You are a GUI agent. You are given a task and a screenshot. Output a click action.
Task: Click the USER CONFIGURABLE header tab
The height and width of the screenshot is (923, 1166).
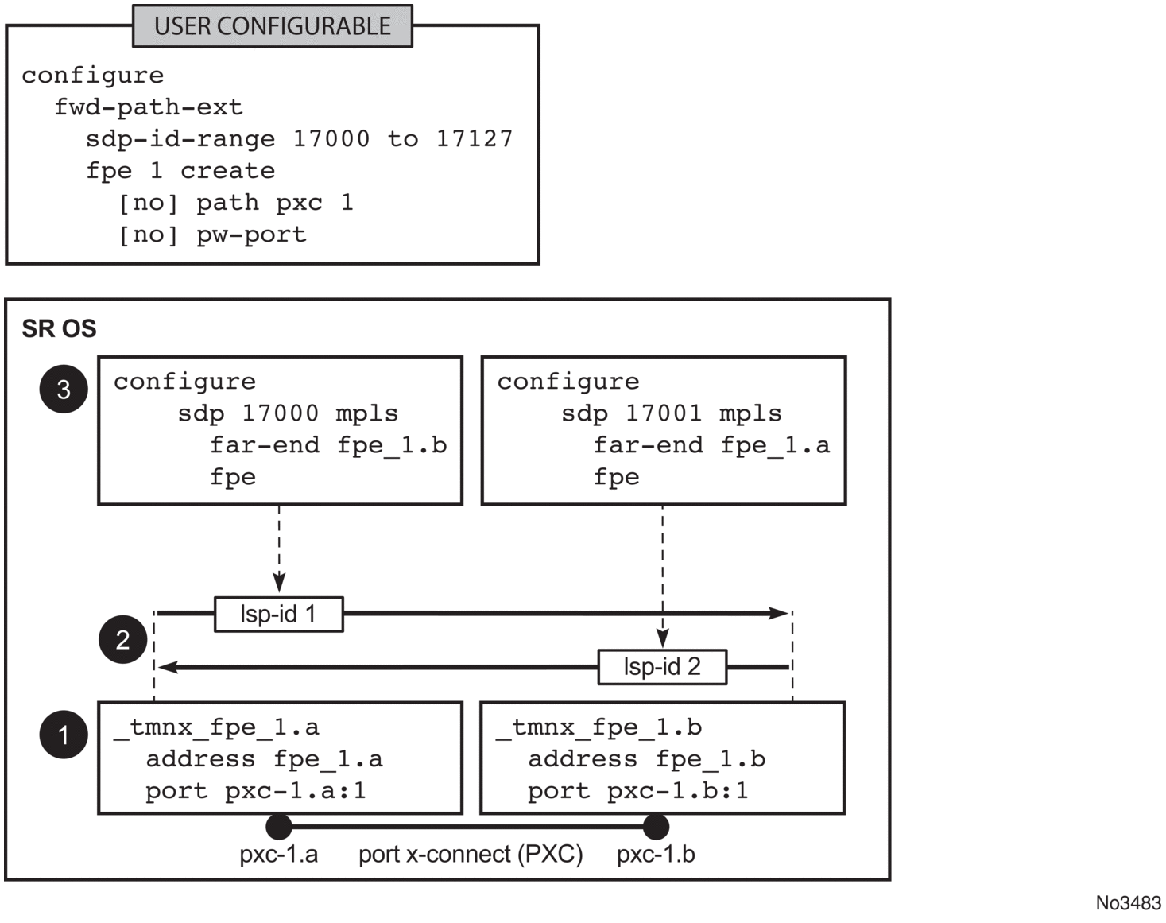tap(272, 26)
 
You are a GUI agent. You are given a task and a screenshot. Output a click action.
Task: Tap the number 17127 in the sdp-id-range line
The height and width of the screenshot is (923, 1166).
tap(475, 139)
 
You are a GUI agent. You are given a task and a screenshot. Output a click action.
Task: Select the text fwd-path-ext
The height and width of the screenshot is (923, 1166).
tap(148, 107)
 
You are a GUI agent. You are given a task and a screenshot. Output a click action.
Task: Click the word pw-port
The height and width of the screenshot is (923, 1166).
tap(251, 235)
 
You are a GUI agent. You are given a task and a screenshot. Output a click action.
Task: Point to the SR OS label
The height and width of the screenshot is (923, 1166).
tap(59, 328)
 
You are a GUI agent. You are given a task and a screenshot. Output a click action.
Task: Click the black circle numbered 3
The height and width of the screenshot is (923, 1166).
tap(64, 389)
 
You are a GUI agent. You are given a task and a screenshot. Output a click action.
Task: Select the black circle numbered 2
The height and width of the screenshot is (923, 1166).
tap(122, 639)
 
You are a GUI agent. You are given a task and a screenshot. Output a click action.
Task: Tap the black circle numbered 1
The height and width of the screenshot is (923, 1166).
tap(64, 734)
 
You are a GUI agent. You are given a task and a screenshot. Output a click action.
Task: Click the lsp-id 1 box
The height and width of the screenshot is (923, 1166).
tap(278, 614)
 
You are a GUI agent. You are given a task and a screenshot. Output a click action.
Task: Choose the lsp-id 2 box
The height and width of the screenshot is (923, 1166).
tap(661, 666)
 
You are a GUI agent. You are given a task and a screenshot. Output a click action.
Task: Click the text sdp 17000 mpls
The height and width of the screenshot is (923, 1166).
tap(288, 413)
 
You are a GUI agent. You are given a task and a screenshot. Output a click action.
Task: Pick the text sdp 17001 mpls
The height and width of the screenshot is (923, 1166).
tap(671, 413)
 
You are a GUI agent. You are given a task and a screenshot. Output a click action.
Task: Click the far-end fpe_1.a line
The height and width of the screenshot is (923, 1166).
tap(711, 445)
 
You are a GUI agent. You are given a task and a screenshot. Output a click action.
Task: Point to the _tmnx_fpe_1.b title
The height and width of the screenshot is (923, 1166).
tap(598, 727)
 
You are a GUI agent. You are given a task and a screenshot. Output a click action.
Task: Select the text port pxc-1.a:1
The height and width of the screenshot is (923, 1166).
tap(255, 791)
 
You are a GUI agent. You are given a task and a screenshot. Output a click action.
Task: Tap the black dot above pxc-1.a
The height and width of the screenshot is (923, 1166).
tap(279, 827)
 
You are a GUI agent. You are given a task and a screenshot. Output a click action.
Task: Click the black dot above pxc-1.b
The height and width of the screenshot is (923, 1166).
tap(656, 827)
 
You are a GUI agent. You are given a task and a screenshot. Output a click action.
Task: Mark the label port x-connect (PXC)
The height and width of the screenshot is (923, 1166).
tap(471, 855)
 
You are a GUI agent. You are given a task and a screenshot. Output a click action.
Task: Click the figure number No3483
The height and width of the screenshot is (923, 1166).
tap(1128, 903)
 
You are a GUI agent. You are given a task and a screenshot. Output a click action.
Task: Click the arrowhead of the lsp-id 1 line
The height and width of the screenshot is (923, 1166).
tap(780, 613)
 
